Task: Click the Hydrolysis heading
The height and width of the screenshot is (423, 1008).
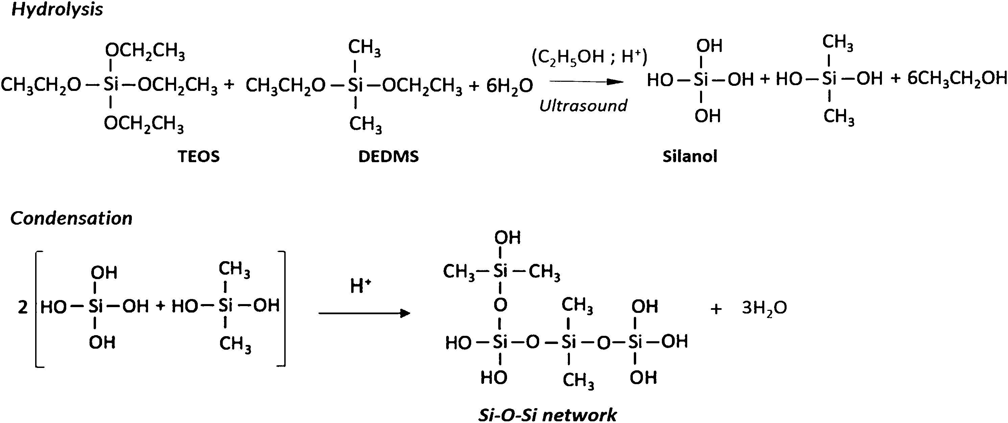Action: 57,10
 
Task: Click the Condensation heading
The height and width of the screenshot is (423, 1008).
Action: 71,218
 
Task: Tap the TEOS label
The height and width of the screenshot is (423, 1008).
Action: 199,156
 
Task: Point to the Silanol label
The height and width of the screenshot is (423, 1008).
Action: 690,156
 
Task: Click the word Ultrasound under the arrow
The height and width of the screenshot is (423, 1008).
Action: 583,105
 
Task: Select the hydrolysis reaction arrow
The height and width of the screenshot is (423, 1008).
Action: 586,82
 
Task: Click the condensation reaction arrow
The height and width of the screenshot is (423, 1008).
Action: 364,313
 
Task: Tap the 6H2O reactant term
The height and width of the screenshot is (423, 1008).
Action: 509,85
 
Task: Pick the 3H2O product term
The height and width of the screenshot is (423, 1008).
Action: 764,308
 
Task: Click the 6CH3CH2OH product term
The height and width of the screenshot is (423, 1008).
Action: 957,79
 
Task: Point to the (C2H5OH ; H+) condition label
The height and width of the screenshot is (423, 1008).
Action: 589,57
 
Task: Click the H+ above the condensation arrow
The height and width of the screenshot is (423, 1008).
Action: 360,286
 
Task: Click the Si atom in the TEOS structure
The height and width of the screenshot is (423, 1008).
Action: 111,84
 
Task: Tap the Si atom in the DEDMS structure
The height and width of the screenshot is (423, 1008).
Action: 355,84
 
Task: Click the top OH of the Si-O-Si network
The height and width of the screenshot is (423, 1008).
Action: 507,238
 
